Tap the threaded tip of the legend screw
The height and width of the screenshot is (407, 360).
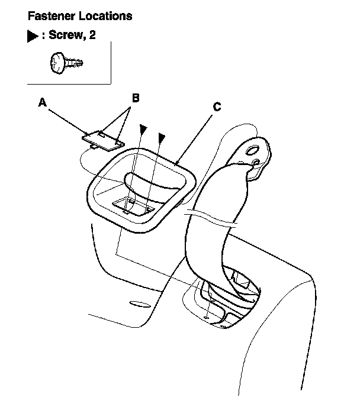point(78,60)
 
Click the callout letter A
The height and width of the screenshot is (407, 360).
point(42,103)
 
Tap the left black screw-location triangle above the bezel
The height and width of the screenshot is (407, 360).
point(142,129)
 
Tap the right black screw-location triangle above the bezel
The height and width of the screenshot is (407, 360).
point(161,137)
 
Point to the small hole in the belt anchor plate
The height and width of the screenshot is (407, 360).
point(256,162)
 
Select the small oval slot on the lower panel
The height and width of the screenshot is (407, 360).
point(140,306)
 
